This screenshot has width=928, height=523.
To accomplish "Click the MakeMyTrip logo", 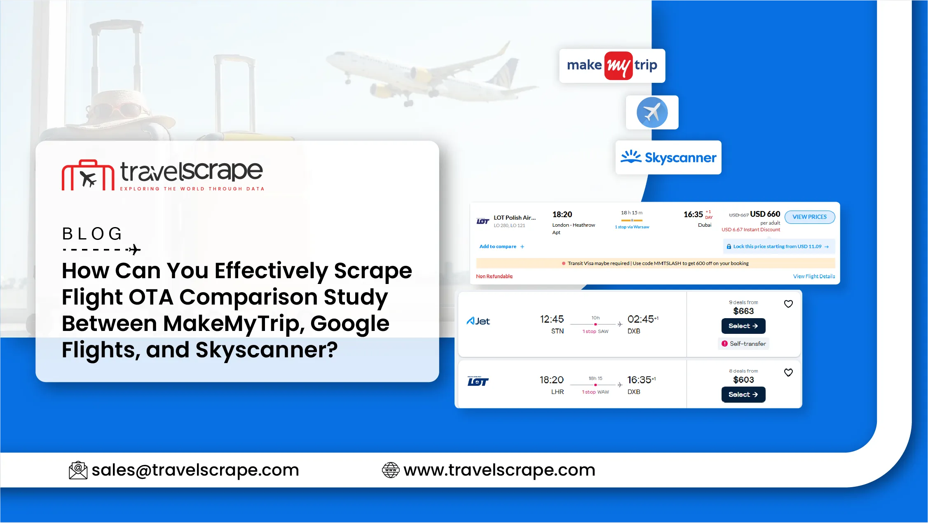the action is point(612,66).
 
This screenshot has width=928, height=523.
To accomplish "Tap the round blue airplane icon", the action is point(652,113).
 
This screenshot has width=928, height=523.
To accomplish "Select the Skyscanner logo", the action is point(668,157).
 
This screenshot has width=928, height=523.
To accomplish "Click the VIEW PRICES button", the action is point(810,217).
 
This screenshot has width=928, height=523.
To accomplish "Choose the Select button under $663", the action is point(743,326).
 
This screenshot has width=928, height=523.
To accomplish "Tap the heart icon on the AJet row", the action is point(788,304).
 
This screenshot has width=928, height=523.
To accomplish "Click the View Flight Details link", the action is point(814,276).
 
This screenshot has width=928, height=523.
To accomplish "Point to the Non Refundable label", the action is point(494,276).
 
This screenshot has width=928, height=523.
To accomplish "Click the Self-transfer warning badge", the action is point(744,344).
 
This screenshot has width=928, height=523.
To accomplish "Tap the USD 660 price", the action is point(765,214).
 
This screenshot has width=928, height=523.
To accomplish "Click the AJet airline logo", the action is point(478,321).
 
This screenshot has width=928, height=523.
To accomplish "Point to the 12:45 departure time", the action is point(552,319).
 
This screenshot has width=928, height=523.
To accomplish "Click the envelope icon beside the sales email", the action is point(78,470).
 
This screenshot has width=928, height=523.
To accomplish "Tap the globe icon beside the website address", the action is point(391,470).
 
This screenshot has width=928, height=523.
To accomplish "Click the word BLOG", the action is point(92,234).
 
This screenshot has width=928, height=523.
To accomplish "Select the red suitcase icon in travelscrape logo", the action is point(88,175).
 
